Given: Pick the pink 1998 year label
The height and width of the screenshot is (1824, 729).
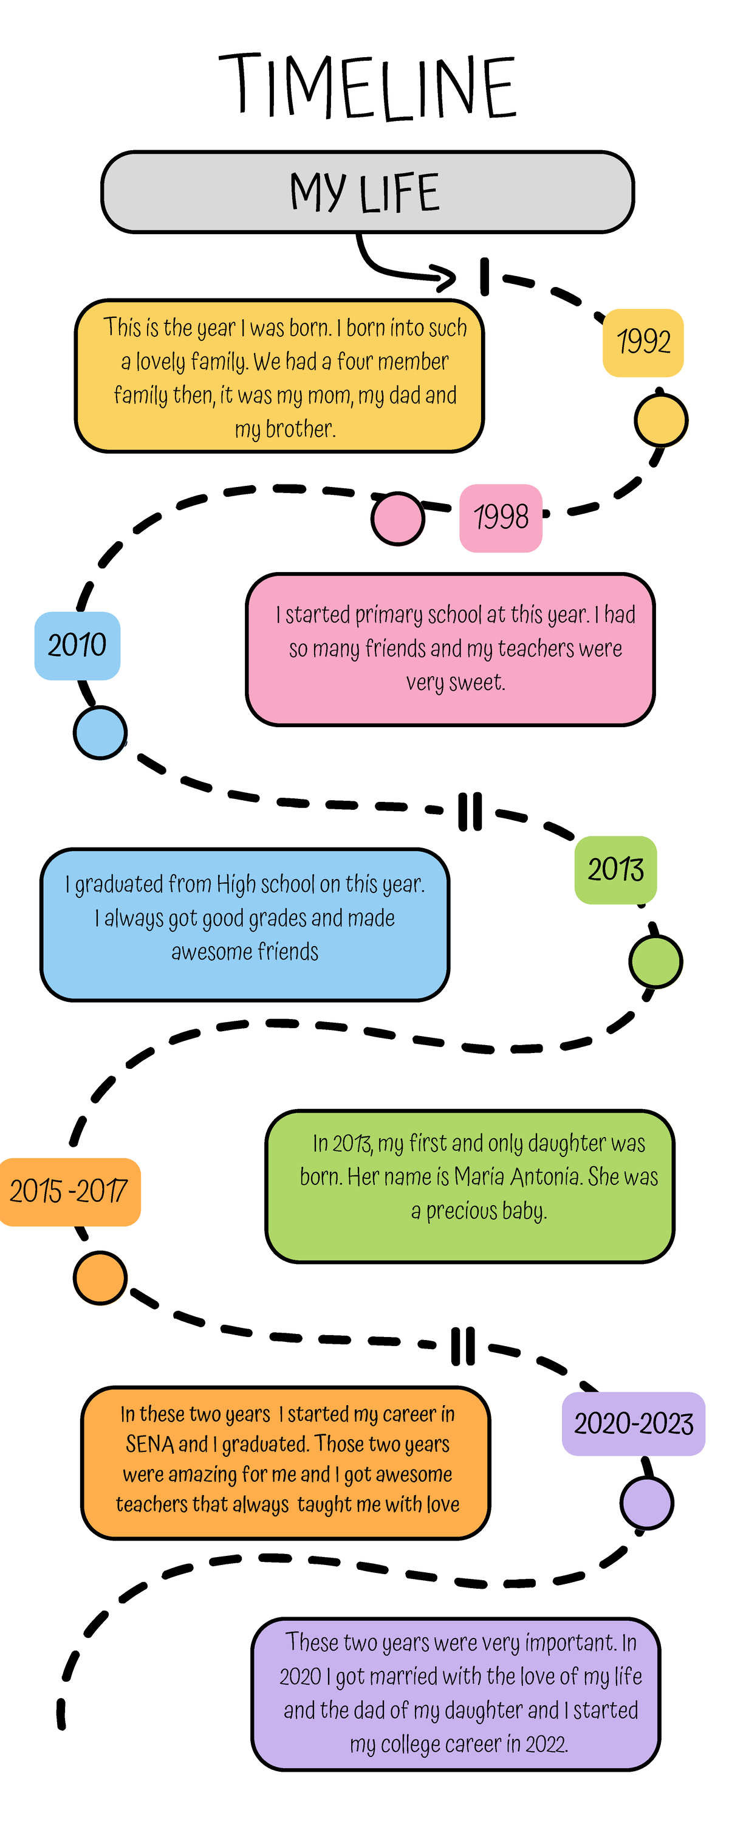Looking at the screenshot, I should (501, 517).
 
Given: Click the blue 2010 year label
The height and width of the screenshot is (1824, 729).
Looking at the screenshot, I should (77, 645).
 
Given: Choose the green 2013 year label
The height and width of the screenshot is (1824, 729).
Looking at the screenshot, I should (615, 869).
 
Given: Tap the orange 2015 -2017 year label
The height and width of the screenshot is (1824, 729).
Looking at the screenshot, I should (69, 1192).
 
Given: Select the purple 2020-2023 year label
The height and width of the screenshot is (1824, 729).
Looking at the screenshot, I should (634, 1424).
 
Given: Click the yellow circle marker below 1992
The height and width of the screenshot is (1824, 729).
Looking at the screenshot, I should (660, 420).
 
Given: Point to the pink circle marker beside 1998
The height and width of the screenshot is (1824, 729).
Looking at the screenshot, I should (398, 518).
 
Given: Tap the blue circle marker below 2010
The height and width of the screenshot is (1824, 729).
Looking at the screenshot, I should (100, 732).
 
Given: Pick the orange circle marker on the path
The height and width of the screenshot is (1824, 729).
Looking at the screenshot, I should (100, 1278).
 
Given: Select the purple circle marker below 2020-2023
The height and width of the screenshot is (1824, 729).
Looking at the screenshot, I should (646, 1502).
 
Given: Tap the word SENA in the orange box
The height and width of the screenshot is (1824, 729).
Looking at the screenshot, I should (149, 1444).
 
